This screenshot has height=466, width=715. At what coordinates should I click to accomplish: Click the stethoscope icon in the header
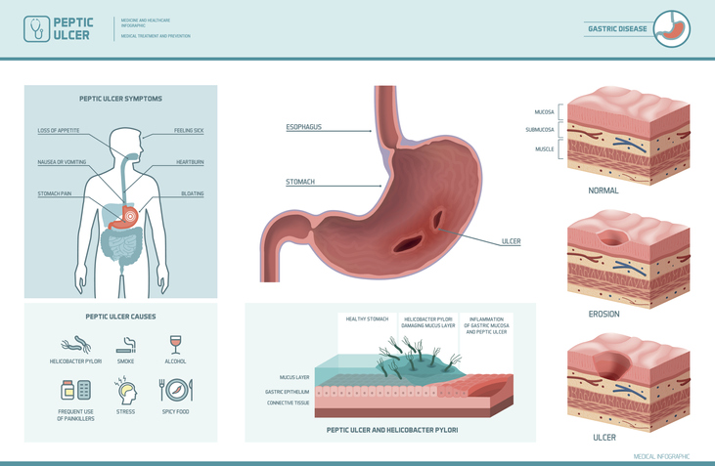point(37,28)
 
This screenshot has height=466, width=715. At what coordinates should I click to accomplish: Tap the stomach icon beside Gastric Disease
point(672,28)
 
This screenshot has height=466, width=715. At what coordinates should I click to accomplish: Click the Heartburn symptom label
point(190,161)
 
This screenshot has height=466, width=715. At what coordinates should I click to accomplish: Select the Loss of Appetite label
point(59,130)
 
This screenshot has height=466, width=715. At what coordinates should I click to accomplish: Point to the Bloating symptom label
point(193,193)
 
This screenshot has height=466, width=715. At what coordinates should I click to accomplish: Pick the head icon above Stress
point(125,391)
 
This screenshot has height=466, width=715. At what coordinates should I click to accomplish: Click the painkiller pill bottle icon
point(75,391)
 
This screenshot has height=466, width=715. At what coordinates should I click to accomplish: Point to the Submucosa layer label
point(539,130)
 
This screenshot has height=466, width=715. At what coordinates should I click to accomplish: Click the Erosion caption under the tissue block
point(603,314)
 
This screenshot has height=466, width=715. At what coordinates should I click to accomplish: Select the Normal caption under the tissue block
point(603,191)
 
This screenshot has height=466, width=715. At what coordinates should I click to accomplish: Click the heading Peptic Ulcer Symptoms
point(120,99)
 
